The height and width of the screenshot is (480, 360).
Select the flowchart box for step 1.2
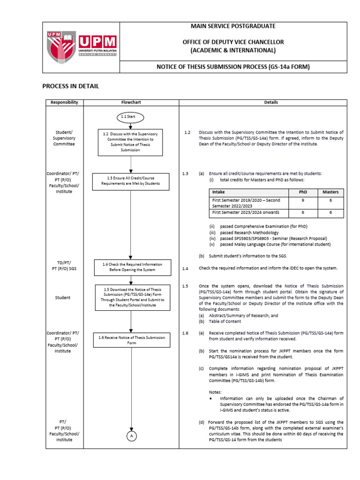[x=131, y=142]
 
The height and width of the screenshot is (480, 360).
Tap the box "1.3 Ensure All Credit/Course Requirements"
[x=131, y=181]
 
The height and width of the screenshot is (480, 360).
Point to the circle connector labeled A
[x=131, y=436]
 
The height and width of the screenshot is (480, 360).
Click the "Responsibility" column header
[x=65, y=102]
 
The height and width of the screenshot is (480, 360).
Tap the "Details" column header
[x=271, y=102]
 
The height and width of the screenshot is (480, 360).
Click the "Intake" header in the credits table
[x=218, y=192]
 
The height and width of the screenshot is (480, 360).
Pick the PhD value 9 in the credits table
[x=303, y=200]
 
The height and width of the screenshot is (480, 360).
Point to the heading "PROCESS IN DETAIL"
[x=71, y=86]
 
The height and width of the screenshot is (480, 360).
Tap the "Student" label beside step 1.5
[x=62, y=297]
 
